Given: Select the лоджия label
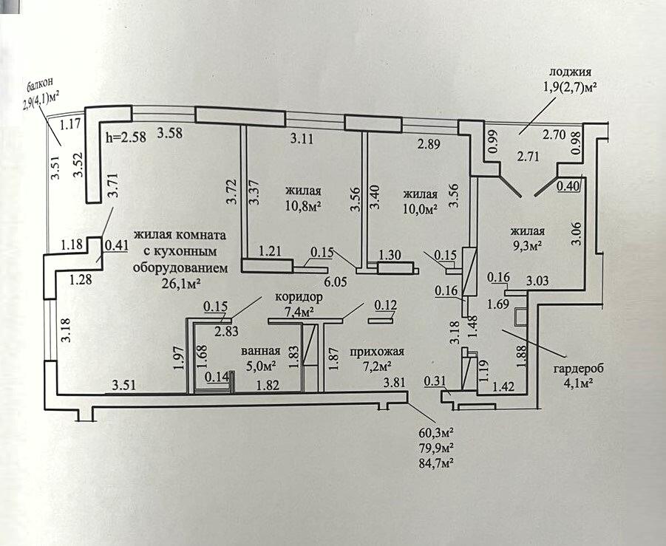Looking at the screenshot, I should (x=571, y=72).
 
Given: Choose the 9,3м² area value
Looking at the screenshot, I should (x=528, y=244).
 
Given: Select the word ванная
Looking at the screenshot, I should (x=261, y=351).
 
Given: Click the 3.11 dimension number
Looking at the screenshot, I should (x=301, y=137).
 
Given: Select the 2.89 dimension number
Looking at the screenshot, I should (x=429, y=145).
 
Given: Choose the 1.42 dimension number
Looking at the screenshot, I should (x=503, y=385).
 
